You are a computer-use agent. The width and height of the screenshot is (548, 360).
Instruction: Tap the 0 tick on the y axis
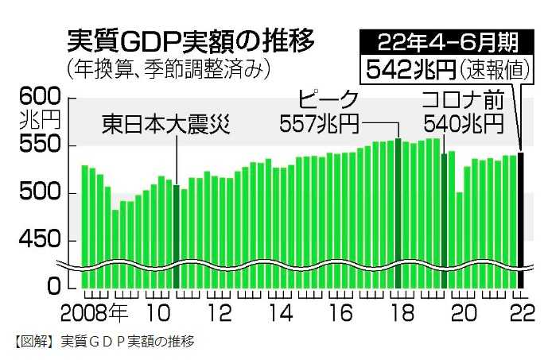52,285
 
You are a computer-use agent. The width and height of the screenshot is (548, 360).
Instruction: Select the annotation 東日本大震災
165,125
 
